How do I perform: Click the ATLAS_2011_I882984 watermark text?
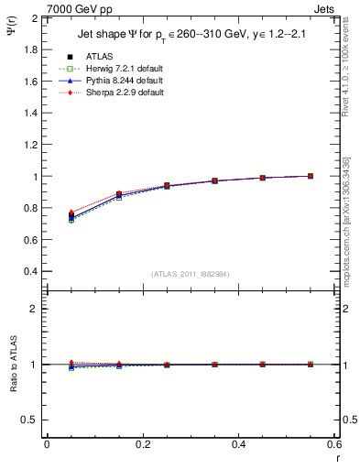191,274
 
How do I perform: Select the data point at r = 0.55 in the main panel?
311,176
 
